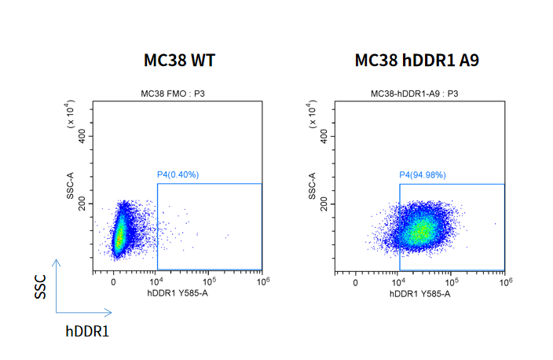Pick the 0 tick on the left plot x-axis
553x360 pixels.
point(113,282)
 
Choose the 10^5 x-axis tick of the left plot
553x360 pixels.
point(209,281)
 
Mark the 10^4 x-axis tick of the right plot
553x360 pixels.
point(398,281)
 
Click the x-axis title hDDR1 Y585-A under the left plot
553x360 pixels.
point(178,293)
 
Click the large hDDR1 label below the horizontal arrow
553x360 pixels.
point(86,331)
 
